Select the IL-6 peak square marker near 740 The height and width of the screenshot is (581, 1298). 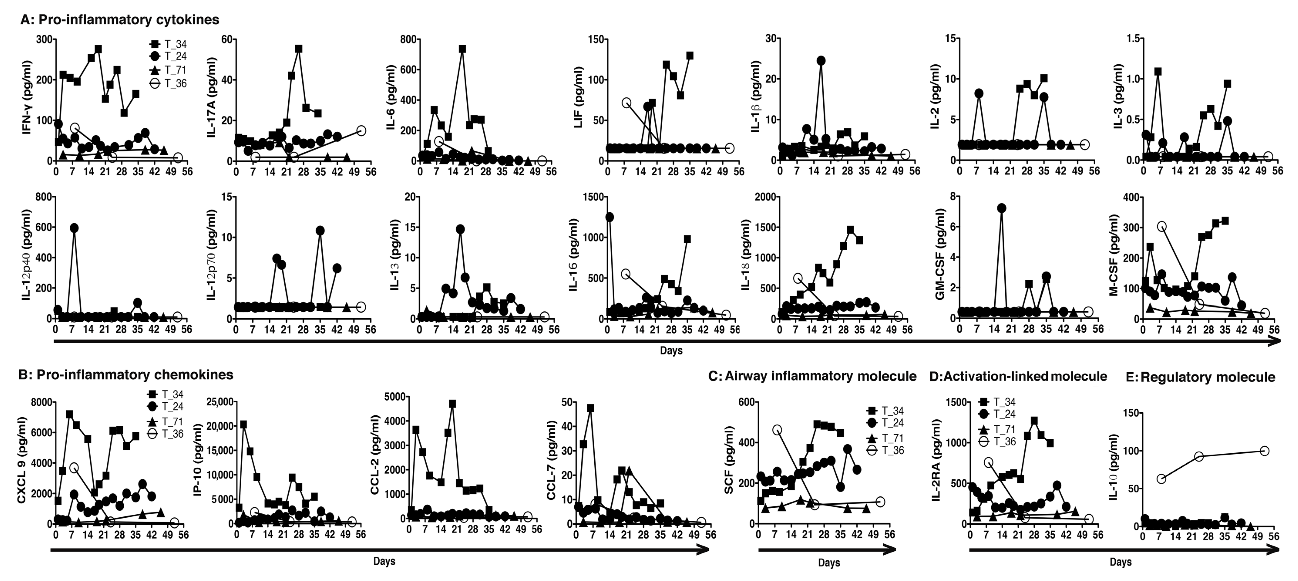pos(462,49)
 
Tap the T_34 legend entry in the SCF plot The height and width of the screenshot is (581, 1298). pos(884,411)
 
